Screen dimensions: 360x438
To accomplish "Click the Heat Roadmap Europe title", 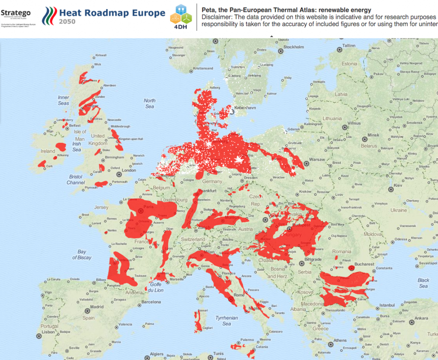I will [112, 13].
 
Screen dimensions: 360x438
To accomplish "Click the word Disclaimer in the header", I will [218, 17].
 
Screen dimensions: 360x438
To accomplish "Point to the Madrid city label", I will [97, 307].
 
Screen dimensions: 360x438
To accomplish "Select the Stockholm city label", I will [293, 47].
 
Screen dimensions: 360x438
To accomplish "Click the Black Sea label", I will [423, 283].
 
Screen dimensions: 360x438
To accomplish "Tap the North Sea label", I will [150, 103].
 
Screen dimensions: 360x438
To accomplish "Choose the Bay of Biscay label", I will [82, 255].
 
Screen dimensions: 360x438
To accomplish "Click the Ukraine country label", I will [398, 210].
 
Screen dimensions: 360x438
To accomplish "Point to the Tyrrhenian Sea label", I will [227, 321].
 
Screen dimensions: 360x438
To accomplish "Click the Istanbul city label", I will [386, 305].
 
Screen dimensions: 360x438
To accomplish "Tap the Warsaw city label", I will [317, 159].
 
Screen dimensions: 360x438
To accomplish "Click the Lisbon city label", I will [48, 332].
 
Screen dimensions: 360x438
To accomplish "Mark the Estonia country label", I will [349, 64].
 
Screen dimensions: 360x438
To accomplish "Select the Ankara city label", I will [421, 318].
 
